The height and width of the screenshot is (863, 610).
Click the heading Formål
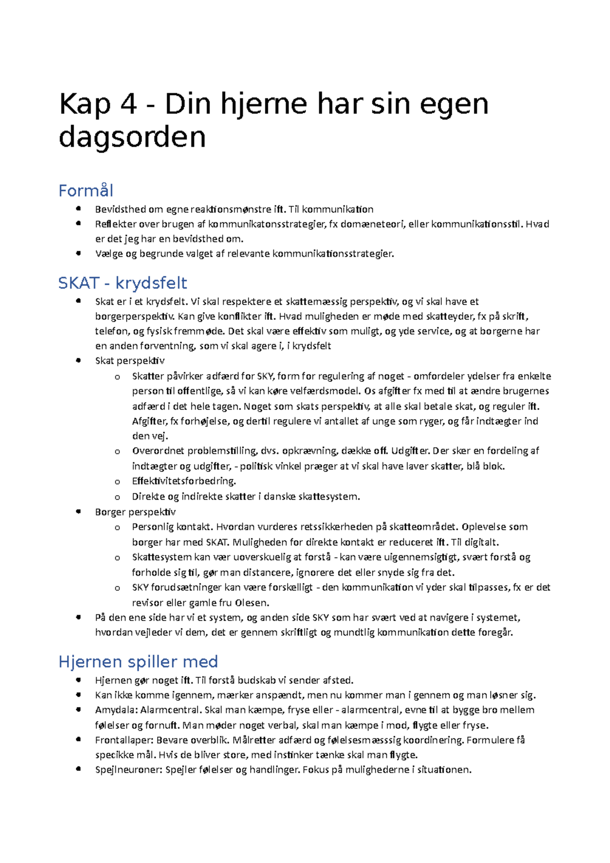[x=85, y=191]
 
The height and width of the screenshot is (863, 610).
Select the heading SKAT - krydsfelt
[x=123, y=283]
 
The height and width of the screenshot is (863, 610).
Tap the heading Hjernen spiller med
[x=138, y=662]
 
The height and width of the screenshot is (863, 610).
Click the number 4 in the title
[x=129, y=104]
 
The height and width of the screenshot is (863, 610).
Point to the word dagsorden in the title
[x=132, y=137]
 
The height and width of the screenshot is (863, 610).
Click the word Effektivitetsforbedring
[x=184, y=481]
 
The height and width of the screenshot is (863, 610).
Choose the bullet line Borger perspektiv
[x=135, y=512]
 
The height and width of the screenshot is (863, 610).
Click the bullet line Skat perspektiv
[x=130, y=361]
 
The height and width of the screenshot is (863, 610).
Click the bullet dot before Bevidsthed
[x=78, y=209]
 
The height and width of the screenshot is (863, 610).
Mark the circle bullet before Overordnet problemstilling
[x=117, y=451]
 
